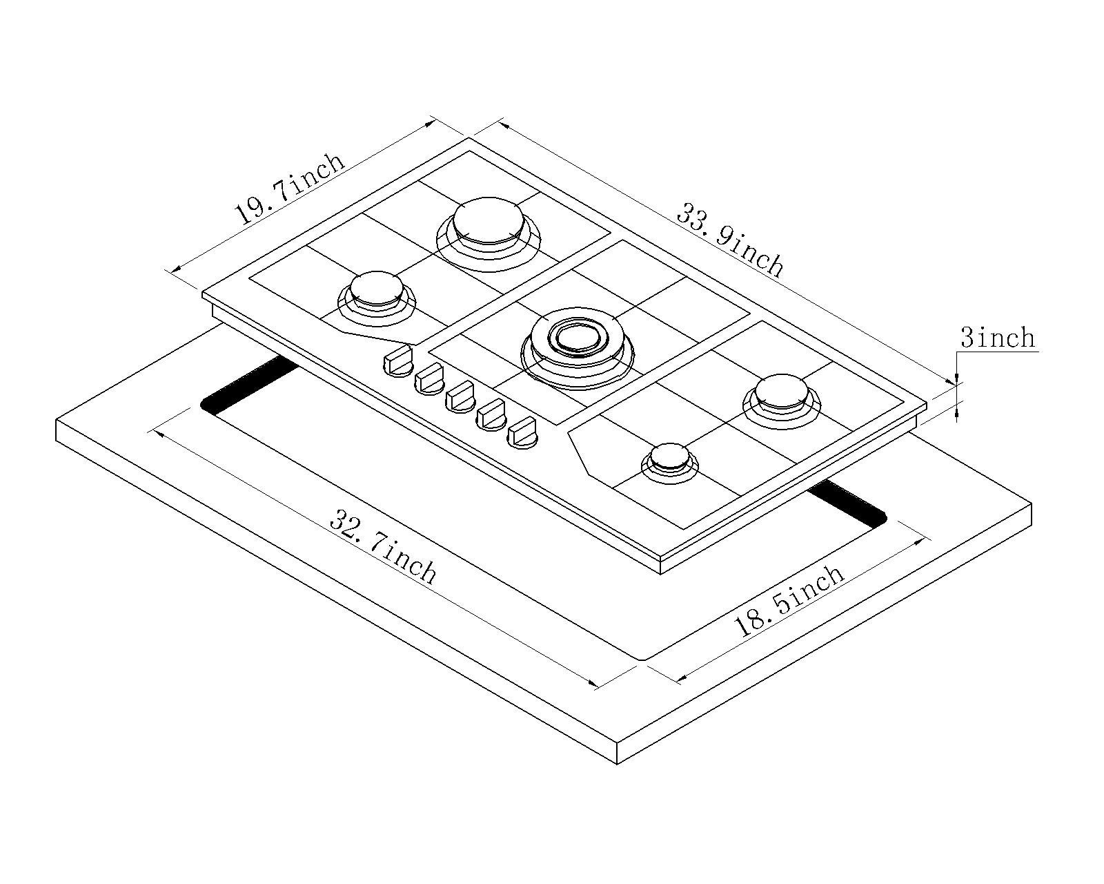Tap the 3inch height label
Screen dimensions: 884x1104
tap(997, 338)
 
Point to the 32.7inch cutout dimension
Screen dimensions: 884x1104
tap(383, 546)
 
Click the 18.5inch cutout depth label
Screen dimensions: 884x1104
tap(788, 601)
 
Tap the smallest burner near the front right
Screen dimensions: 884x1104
tap(669, 459)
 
